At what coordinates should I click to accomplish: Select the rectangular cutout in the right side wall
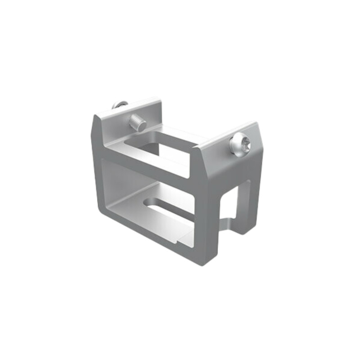(x=237, y=205)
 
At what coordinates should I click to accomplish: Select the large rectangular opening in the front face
(x=148, y=193)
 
